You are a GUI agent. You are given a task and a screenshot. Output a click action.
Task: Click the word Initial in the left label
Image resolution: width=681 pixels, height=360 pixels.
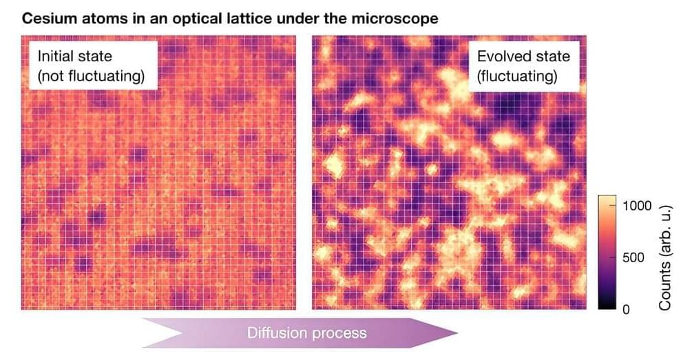point(56,57)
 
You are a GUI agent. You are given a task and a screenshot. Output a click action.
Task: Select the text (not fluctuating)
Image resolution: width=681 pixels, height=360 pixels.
point(91,76)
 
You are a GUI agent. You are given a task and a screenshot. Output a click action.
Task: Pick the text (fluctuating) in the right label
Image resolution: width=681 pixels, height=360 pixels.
point(516,76)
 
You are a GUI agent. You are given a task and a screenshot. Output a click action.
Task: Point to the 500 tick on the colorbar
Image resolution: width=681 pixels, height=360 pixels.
point(633,257)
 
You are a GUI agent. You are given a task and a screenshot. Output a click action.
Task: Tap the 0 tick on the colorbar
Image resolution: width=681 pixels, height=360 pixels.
point(625,309)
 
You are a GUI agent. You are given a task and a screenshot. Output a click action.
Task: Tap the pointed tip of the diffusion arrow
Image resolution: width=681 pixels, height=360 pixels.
point(457,332)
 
